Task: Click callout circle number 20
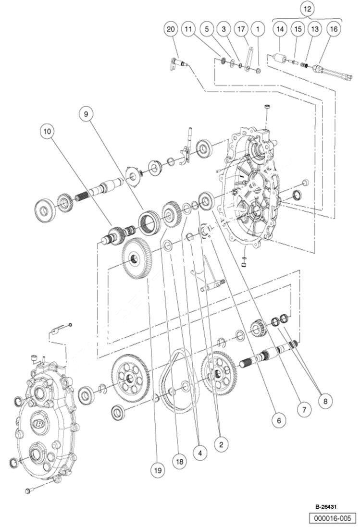(171, 29)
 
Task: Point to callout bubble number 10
(48, 131)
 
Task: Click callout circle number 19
(157, 470)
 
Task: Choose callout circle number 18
(179, 462)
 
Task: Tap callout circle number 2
(221, 445)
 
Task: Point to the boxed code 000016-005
(333, 518)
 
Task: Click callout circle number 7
(304, 410)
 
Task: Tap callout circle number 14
(280, 29)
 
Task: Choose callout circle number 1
(259, 29)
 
